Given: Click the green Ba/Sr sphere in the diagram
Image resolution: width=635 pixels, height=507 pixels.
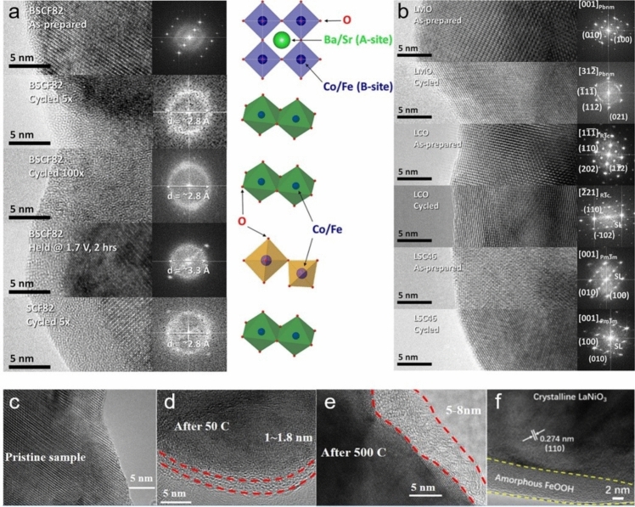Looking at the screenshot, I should (281, 40).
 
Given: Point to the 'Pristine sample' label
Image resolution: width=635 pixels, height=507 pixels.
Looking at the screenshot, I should (47, 458).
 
